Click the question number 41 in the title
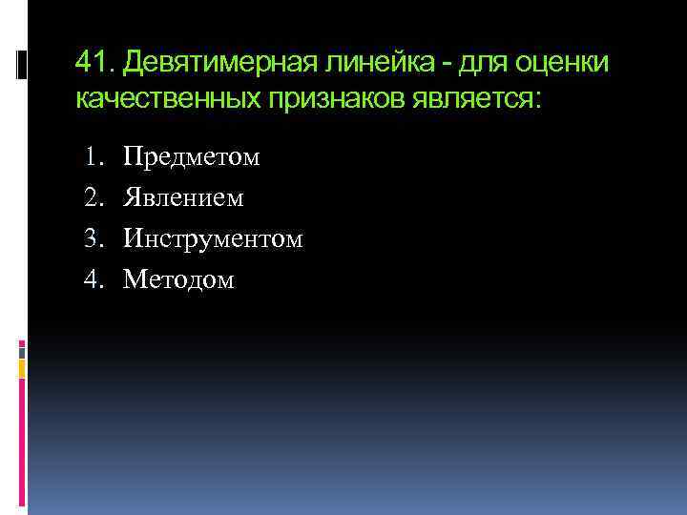(92, 63)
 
